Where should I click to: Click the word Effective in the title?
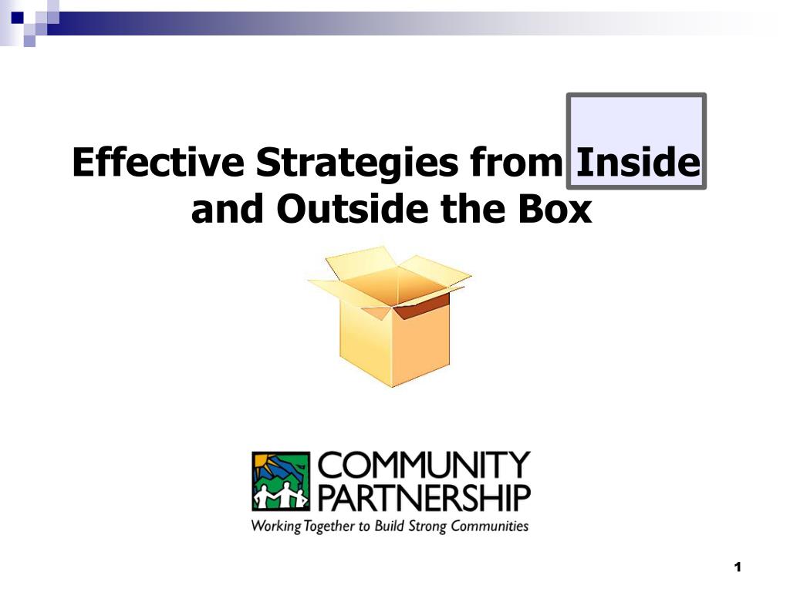[158, 162]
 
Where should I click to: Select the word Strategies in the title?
[356, 163]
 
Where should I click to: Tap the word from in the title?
[516, 162]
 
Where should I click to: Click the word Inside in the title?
[638, 162]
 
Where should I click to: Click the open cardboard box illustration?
[390, 316]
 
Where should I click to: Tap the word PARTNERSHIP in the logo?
[424, 498]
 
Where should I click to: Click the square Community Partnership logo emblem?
[281, 482]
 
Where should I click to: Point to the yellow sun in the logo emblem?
[264, 462]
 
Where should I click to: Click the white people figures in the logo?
[281, 496]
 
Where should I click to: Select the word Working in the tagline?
[276, 526]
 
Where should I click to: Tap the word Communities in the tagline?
[490, 526]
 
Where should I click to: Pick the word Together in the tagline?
[329, 527]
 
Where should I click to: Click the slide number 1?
[738, 567]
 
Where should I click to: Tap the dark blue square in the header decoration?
[17, 18]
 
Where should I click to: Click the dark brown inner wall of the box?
[421, 305]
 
